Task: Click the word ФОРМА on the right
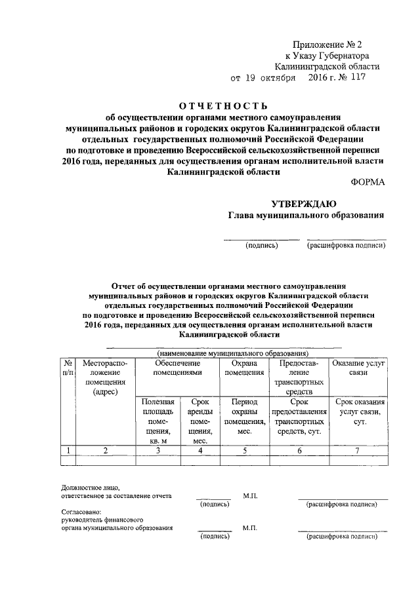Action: (x=369, y=183)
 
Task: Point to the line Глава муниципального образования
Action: (x=305, y=216)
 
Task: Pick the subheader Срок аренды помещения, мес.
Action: (x=195, y=421)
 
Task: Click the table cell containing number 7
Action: (x=358, y=450)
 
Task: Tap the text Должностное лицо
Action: (x=81, y=488)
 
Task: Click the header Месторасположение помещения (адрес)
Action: (x=105, y=376)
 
